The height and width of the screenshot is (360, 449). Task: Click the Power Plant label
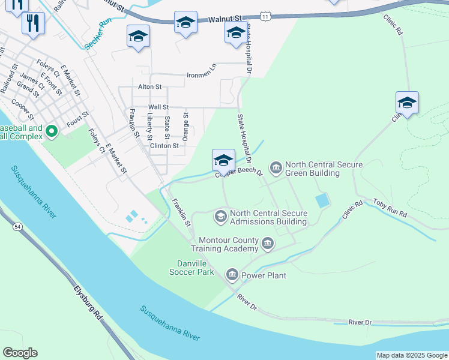click(x=264, y=275)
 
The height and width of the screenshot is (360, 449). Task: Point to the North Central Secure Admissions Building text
click(x=268, y=217)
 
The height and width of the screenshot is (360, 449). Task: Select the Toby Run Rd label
click(x=390, y=209)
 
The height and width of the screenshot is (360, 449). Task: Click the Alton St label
click(x=149, y=87)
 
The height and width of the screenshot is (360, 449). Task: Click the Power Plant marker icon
click(x=232, y=275)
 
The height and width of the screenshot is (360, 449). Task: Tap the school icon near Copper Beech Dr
click(x=223, y=160)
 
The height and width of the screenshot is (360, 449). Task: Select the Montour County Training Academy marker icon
click(x=268, y=244)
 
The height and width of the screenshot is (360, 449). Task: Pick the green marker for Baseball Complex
click(x=51, y=130)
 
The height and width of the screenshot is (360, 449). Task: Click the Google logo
click(x=20, y=353)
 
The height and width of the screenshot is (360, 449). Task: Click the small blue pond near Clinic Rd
click(x=322, y=200)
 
